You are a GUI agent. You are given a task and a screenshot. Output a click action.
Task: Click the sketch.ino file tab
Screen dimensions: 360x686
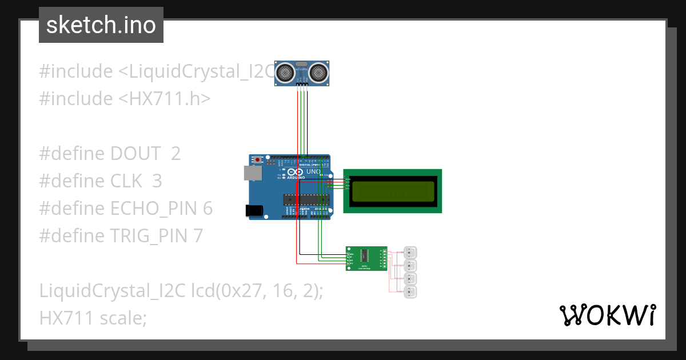[101, 25]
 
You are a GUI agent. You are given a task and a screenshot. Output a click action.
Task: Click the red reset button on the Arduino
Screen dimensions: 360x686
[258, 159]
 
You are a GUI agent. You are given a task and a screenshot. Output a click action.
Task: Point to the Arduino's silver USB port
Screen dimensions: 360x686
[252, 173]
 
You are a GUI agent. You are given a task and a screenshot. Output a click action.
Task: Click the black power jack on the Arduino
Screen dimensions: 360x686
[255, 210]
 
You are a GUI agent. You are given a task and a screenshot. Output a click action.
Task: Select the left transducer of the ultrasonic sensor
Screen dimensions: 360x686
[285, 72]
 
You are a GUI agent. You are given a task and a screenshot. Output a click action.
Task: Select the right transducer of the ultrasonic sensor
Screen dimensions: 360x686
[319, 72]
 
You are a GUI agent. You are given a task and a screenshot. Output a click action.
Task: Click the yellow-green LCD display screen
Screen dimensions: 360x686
[393, 191]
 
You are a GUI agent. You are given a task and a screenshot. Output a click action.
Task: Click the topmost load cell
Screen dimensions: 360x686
[410, 252]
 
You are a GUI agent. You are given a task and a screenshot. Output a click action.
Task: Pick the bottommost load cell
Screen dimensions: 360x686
[410, 293]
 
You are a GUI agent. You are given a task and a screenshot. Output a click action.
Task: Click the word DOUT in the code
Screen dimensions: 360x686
[136, 154]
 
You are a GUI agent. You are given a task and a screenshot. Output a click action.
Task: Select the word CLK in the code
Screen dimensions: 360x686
[126, 181]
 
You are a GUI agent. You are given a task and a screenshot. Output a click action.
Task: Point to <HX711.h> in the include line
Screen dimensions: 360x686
[165, 99]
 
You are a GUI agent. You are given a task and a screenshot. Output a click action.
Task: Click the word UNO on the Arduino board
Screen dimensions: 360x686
[313, 171]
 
